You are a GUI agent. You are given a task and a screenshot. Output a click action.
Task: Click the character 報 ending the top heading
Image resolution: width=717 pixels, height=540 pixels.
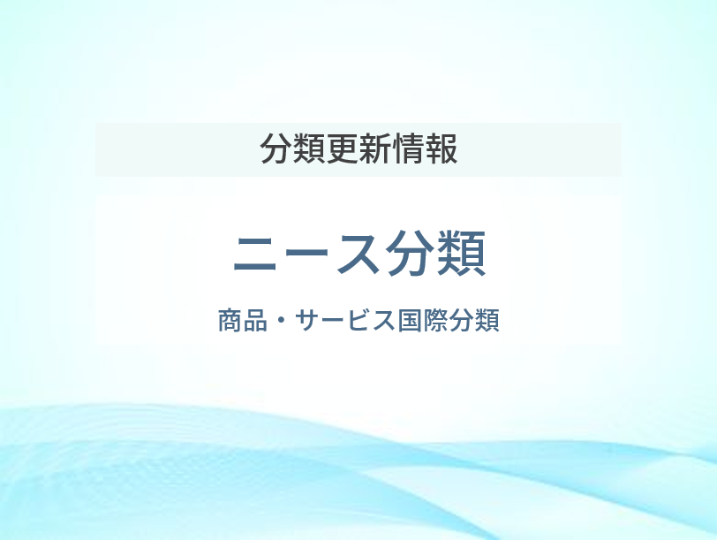coord(441,148)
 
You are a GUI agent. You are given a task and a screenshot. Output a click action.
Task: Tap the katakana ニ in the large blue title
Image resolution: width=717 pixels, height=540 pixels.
coord(255,254)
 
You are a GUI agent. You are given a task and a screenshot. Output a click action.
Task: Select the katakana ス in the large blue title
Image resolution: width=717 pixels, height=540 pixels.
coord(358,254)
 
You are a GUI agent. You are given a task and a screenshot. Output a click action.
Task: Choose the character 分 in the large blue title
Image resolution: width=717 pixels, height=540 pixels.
coord(410,253)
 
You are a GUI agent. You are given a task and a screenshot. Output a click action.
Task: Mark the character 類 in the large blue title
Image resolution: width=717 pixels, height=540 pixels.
coord(461,253)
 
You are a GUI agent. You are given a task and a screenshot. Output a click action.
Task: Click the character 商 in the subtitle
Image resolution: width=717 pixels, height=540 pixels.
coord(230,320)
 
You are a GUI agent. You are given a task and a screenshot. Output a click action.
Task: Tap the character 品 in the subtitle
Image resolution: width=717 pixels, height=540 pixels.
coord(255,320)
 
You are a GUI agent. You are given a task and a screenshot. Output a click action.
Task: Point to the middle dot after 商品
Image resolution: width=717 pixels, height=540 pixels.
coord(281,320)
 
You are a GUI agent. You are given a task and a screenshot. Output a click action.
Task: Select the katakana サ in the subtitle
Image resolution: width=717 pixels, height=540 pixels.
coord(306,320)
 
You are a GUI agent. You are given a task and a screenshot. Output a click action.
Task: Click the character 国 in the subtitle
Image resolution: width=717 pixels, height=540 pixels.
coord(409,320)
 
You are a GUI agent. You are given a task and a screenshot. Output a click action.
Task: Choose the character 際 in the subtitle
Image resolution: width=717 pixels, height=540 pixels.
coord(434,320)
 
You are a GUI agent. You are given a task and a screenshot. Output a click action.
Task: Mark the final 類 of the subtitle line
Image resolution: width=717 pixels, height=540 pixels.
coord(487,320)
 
